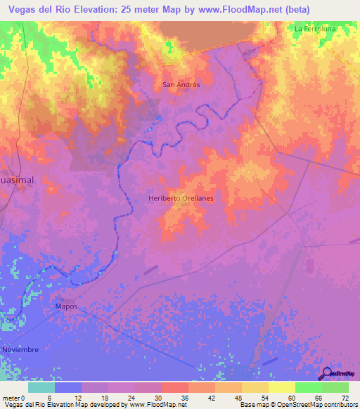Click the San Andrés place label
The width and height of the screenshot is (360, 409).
(x=181, y=84)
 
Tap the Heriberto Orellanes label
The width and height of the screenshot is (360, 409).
(x=181, y=198)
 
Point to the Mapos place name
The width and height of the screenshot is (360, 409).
(x=65, y=308)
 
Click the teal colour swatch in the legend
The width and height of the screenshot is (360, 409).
(x=41, y=387)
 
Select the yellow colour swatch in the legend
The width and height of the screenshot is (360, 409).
(x=281, y=387)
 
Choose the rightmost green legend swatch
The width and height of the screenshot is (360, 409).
(x=335, y=387)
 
